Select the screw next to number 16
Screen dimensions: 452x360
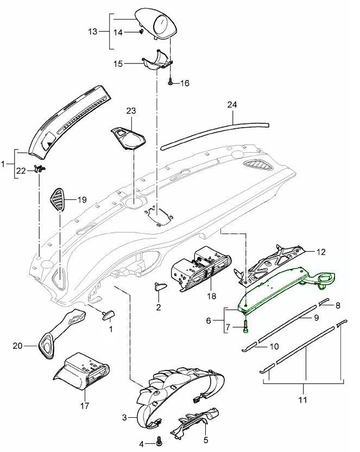170,82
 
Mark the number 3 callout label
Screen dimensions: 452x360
124,417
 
